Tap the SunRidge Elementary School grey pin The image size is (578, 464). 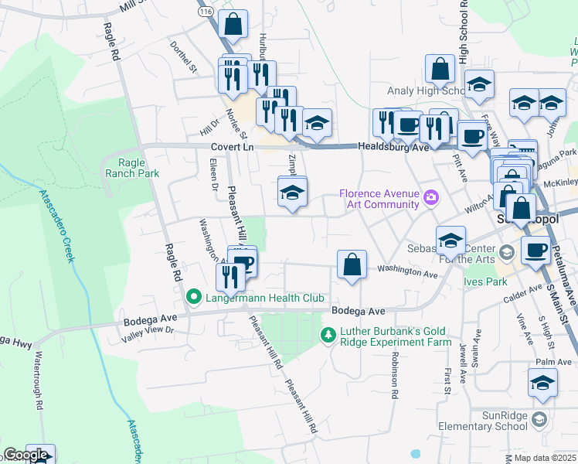(539, 419)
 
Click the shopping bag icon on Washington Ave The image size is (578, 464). (352, 264)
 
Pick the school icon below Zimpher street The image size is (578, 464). (292, 193)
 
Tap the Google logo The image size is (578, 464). (25, 455)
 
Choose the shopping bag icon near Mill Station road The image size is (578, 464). (233, 25)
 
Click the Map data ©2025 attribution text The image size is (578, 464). (545, 458)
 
